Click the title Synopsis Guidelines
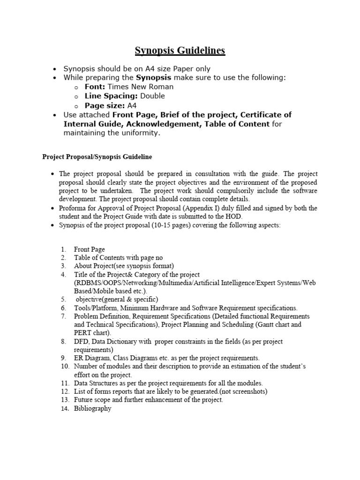(180, 51)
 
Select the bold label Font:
(95, 87)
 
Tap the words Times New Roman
(141, 87)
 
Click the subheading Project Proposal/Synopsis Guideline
(97, 157)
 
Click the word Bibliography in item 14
(92, 408)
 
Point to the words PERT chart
(91, 333)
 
